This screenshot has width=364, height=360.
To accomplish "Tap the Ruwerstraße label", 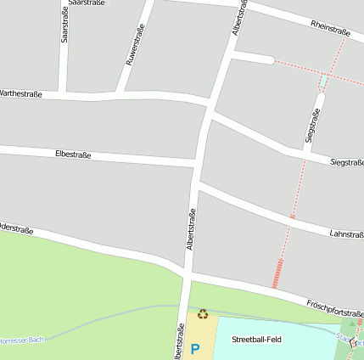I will click(x=135, y=44).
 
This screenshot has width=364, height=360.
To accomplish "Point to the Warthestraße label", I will click(x=20, y=93).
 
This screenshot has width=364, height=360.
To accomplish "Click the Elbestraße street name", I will click(x=72, y=155).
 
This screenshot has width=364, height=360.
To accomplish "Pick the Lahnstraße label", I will click(x=345, y=233).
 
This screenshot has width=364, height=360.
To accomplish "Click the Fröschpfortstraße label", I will click(x=334, y=307).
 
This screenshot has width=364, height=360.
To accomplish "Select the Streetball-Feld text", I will click(x=256, y=339).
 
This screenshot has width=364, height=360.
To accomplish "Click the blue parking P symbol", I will click(x=195, y=348).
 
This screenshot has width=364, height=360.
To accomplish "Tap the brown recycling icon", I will click(x=203, y=314).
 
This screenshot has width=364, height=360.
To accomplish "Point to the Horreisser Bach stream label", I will click(x=21, y=340).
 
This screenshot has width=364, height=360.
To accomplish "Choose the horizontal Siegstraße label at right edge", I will click(x=347, y=161).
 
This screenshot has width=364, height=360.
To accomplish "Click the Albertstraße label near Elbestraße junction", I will click(x=192, y=229).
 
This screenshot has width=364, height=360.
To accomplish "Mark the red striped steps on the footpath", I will click(x=277, y=274).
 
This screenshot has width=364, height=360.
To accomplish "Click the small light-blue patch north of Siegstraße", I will click(x=322, y=82).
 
